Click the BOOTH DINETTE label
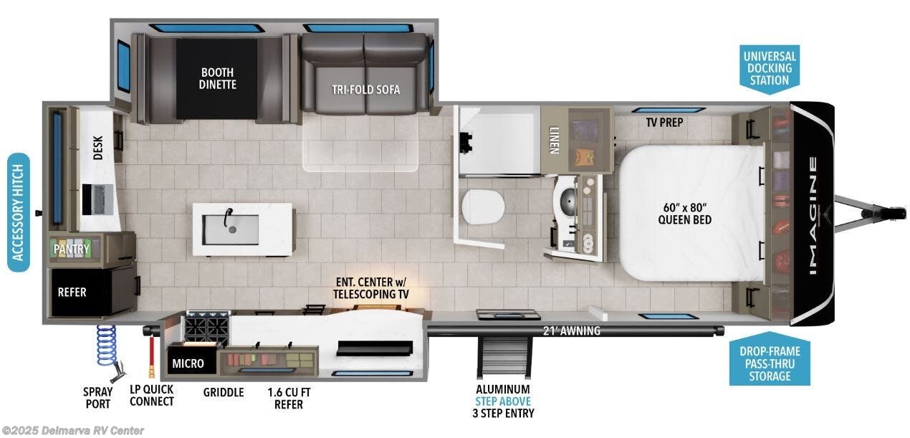point(219,78)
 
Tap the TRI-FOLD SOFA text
point(365,90)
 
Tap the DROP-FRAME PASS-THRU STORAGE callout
point(766,362)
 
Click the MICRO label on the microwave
point(188,363)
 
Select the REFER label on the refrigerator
point(72,292)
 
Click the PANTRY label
point(72,249)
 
